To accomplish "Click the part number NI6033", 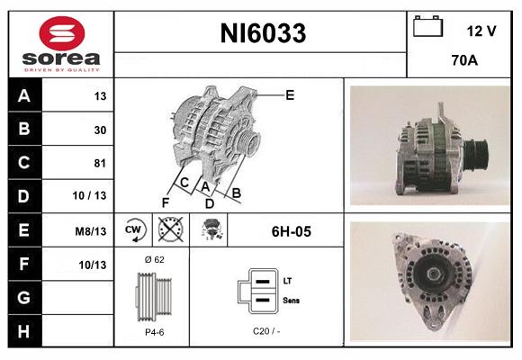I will point(262,34).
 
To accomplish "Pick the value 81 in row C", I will point(99,163).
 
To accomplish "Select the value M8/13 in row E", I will point(92,231).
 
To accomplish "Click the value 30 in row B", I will point(99,130).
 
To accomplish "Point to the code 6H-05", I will point(291,231).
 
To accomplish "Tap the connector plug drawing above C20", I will point(256,292).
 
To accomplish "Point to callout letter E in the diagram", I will point(290,94).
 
